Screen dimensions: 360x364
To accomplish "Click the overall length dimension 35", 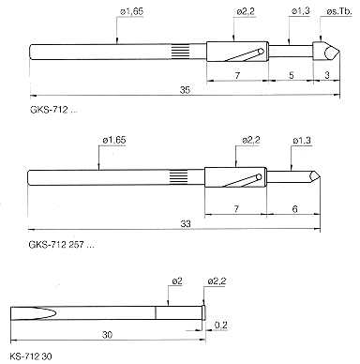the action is tap(185, 90).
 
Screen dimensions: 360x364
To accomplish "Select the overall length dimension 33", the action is tap(186, 224).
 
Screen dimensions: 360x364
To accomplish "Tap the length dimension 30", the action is tap(107, 335).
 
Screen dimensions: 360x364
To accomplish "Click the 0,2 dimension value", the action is tap(220, 325).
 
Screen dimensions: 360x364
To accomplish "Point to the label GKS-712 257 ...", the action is tap(61, 244).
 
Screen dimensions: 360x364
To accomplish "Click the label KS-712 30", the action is tap(31, 356).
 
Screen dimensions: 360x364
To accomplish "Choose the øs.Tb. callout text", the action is tap(339, 12).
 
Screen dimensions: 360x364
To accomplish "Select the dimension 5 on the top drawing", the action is tap(292, 75).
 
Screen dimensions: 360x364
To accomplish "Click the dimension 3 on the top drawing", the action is tap(327, 75).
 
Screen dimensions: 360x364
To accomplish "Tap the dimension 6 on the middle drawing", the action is tap(294, 209).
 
